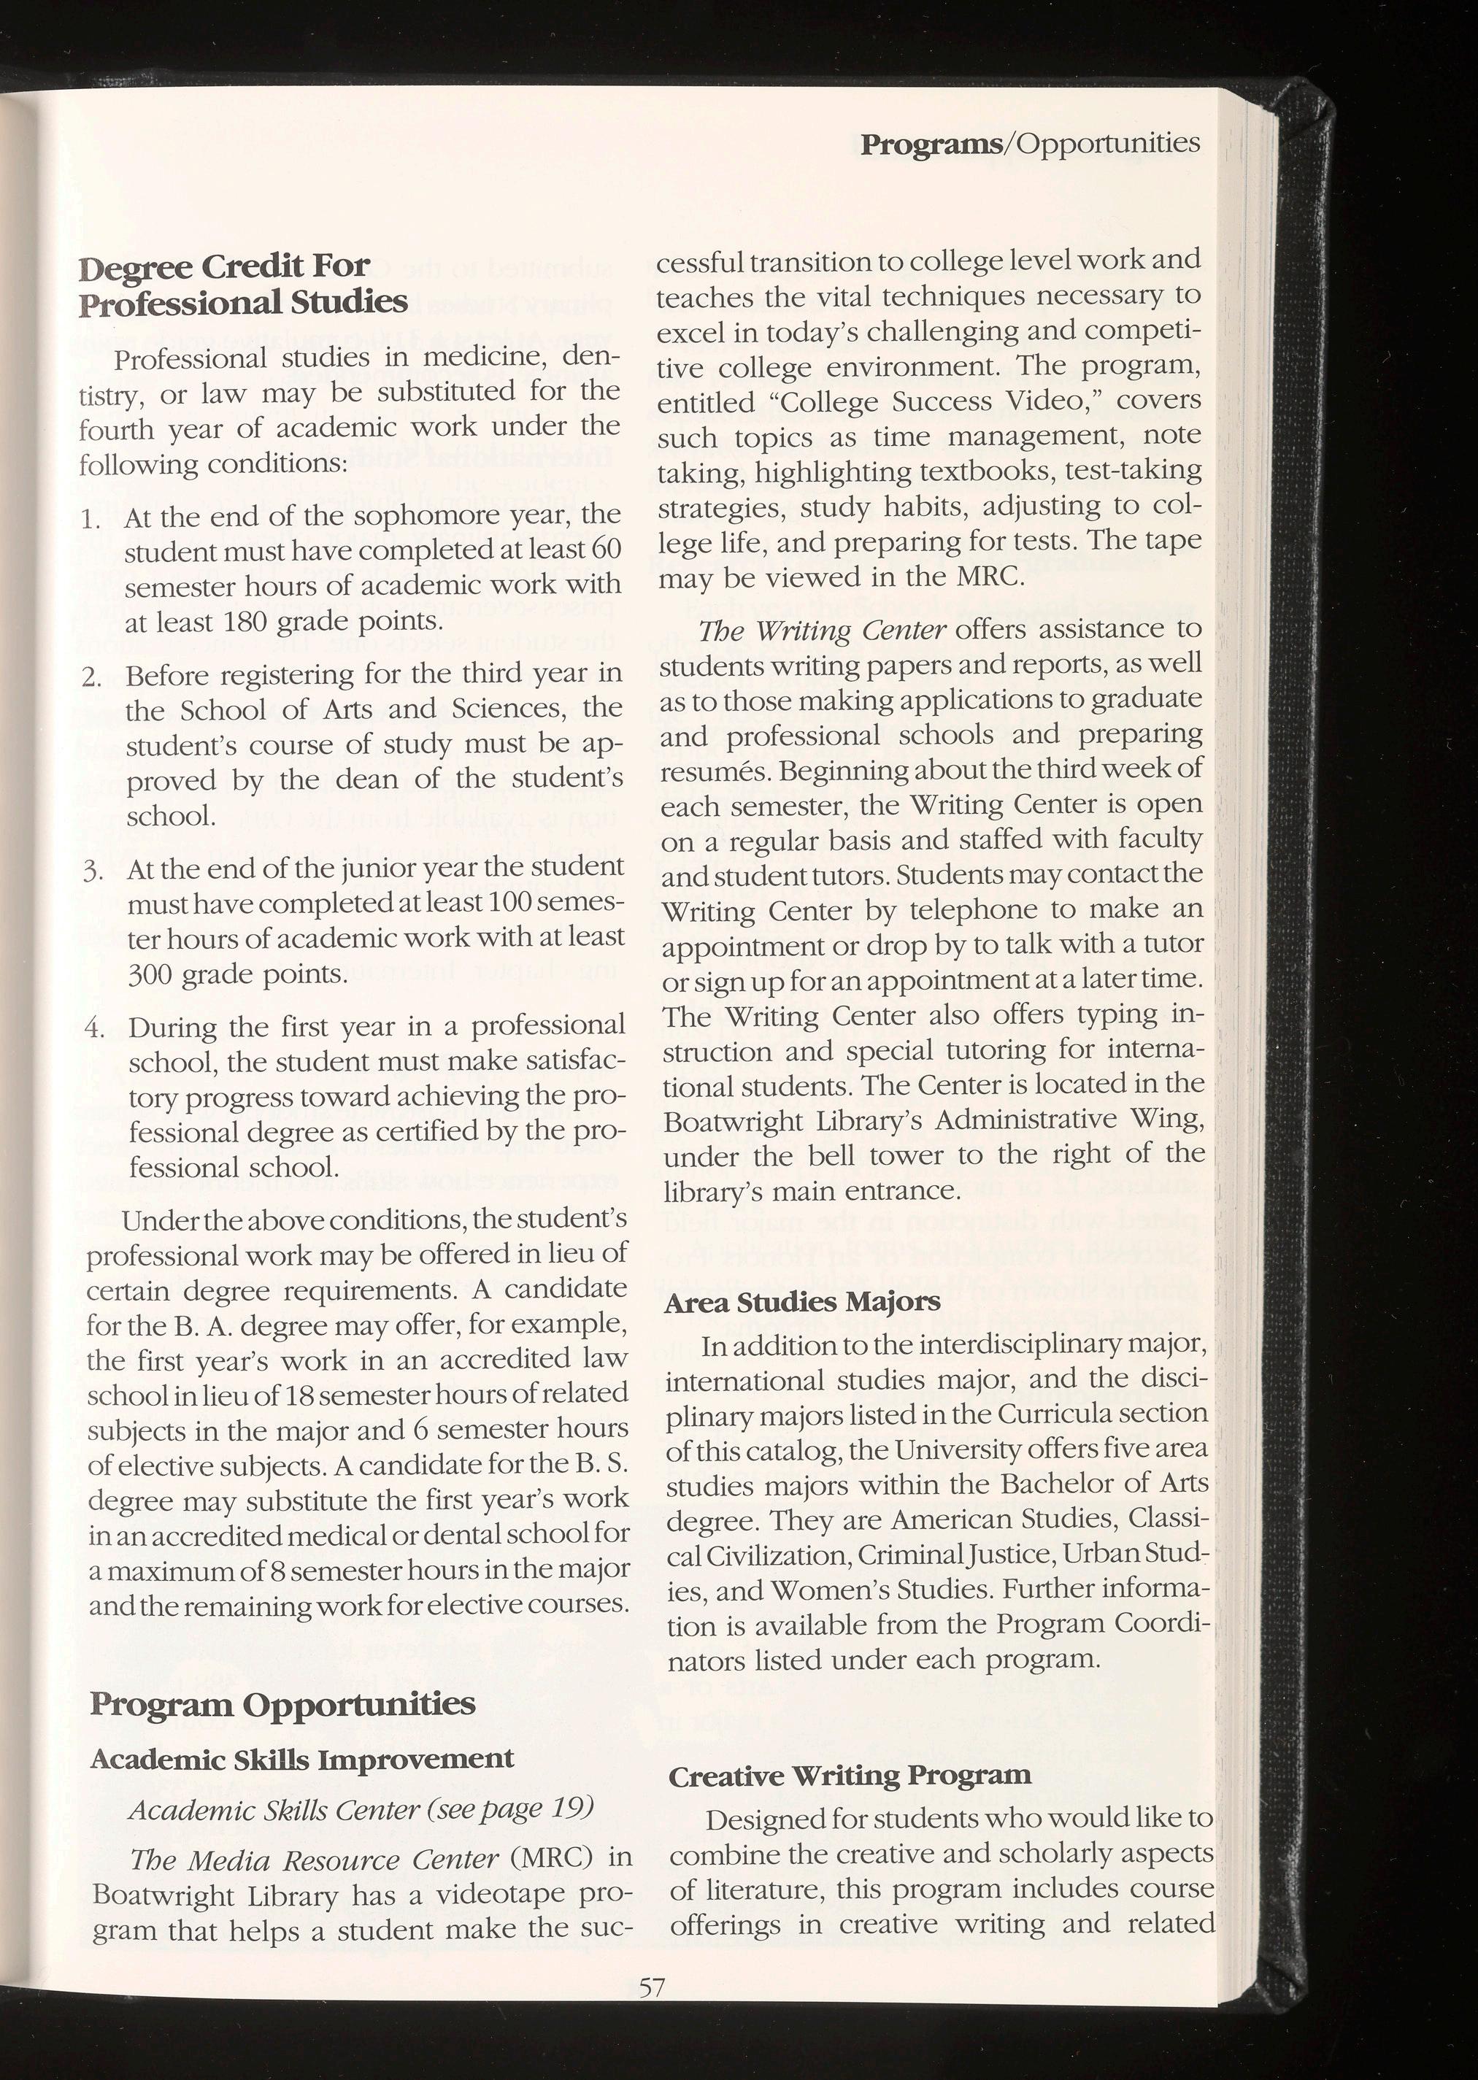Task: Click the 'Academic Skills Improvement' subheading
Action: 302,1759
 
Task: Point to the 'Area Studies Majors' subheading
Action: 802,1302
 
